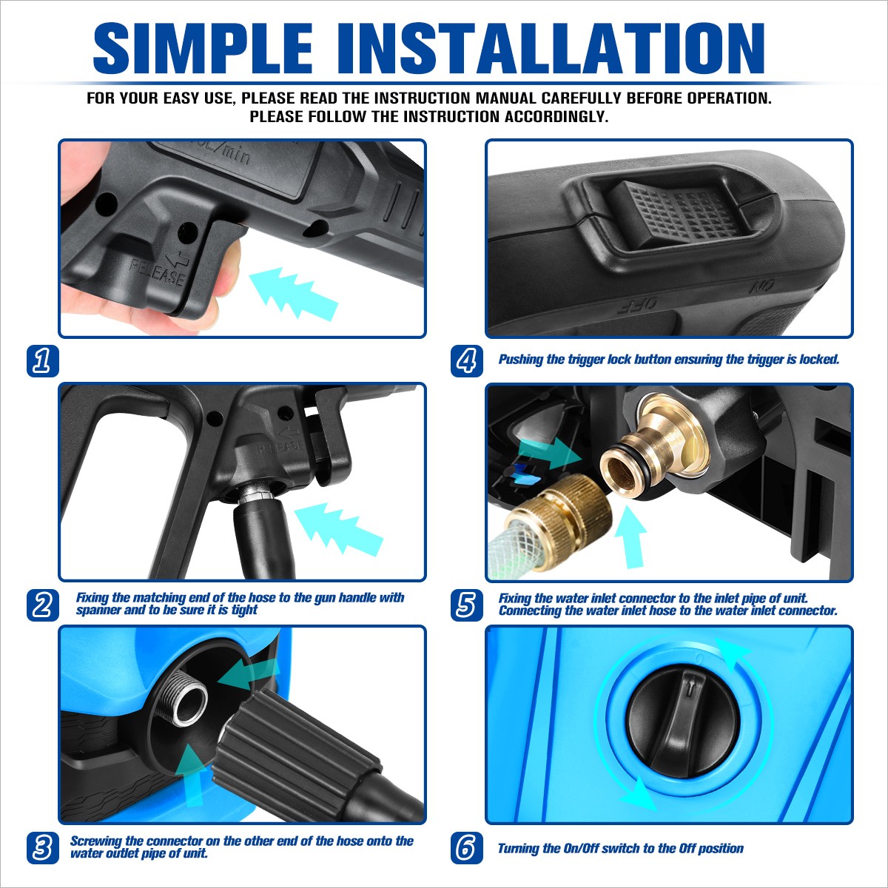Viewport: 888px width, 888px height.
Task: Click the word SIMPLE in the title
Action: coord(203,48)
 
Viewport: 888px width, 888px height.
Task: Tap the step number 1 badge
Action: coord(43,361)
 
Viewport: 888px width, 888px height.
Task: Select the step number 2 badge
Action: coord(43,605)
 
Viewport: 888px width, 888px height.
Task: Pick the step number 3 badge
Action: coord(43,848)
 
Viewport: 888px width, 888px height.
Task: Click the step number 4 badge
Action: coord(467,361)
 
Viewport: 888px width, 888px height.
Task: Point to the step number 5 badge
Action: coord(467,605)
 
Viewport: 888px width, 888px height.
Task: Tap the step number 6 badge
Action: coord(467,848)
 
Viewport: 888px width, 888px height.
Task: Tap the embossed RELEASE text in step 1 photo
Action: coord(157,272)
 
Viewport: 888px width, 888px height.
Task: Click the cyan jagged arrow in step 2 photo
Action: coord(339,528)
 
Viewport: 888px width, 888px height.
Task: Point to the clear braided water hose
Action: coord(506,552)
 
